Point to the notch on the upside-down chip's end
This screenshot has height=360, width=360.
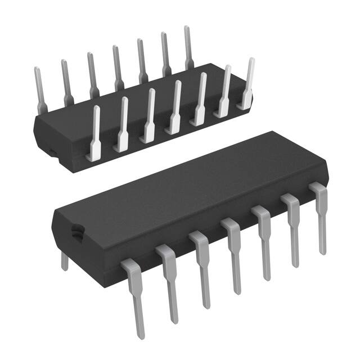point(50,150)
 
